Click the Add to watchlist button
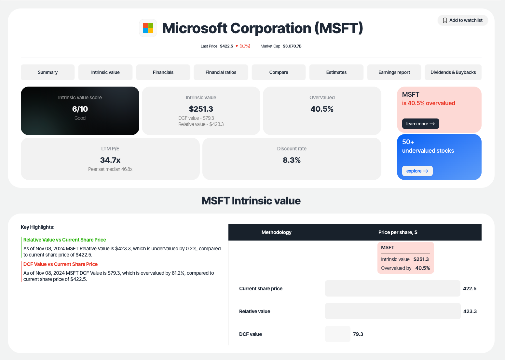[462, 20]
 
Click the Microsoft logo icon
[148, 28]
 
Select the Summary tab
[48, 72]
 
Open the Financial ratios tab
[221, 72]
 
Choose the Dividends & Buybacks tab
[453, 72]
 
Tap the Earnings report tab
[394, 72]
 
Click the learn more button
[420, 124]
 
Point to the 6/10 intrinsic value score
[80, 109]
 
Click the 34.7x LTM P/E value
[110, 160]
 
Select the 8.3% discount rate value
[292, 160]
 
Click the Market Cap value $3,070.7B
[292, 46]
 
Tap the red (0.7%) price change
[245, 46]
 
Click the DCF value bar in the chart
[338, 334]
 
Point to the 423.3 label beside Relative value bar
[470, 312]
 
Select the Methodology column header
[276, 232]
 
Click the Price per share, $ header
[398, 232]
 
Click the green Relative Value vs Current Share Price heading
[65, 240]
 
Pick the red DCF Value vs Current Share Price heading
[61, 264]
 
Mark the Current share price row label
[261, 289]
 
